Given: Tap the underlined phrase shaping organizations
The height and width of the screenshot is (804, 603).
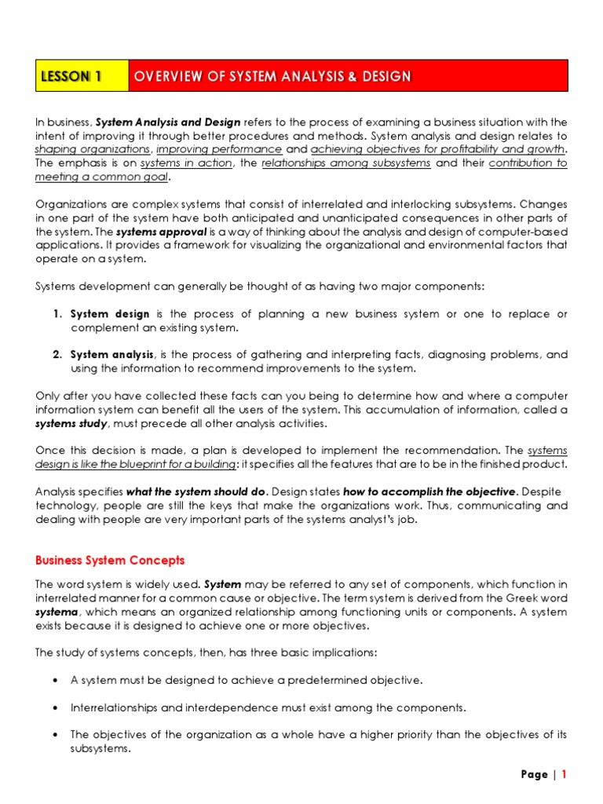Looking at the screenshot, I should click(93, 148).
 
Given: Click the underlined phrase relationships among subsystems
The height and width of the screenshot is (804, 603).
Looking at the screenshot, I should click(345, 163).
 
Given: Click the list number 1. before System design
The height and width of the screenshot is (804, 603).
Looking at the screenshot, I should click(58, 314).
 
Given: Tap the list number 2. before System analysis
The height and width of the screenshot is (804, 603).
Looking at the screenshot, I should click(58, 355).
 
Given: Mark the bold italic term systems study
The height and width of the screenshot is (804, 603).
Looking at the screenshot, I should click(71, 423).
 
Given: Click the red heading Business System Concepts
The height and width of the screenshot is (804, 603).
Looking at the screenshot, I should click(110, 560).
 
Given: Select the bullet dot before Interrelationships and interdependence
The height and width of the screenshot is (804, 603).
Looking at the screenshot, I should click(57, 707).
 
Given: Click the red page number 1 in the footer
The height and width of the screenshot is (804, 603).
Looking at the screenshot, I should click(563, 774).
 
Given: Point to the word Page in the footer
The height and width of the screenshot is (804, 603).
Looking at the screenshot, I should click(534, 774).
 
